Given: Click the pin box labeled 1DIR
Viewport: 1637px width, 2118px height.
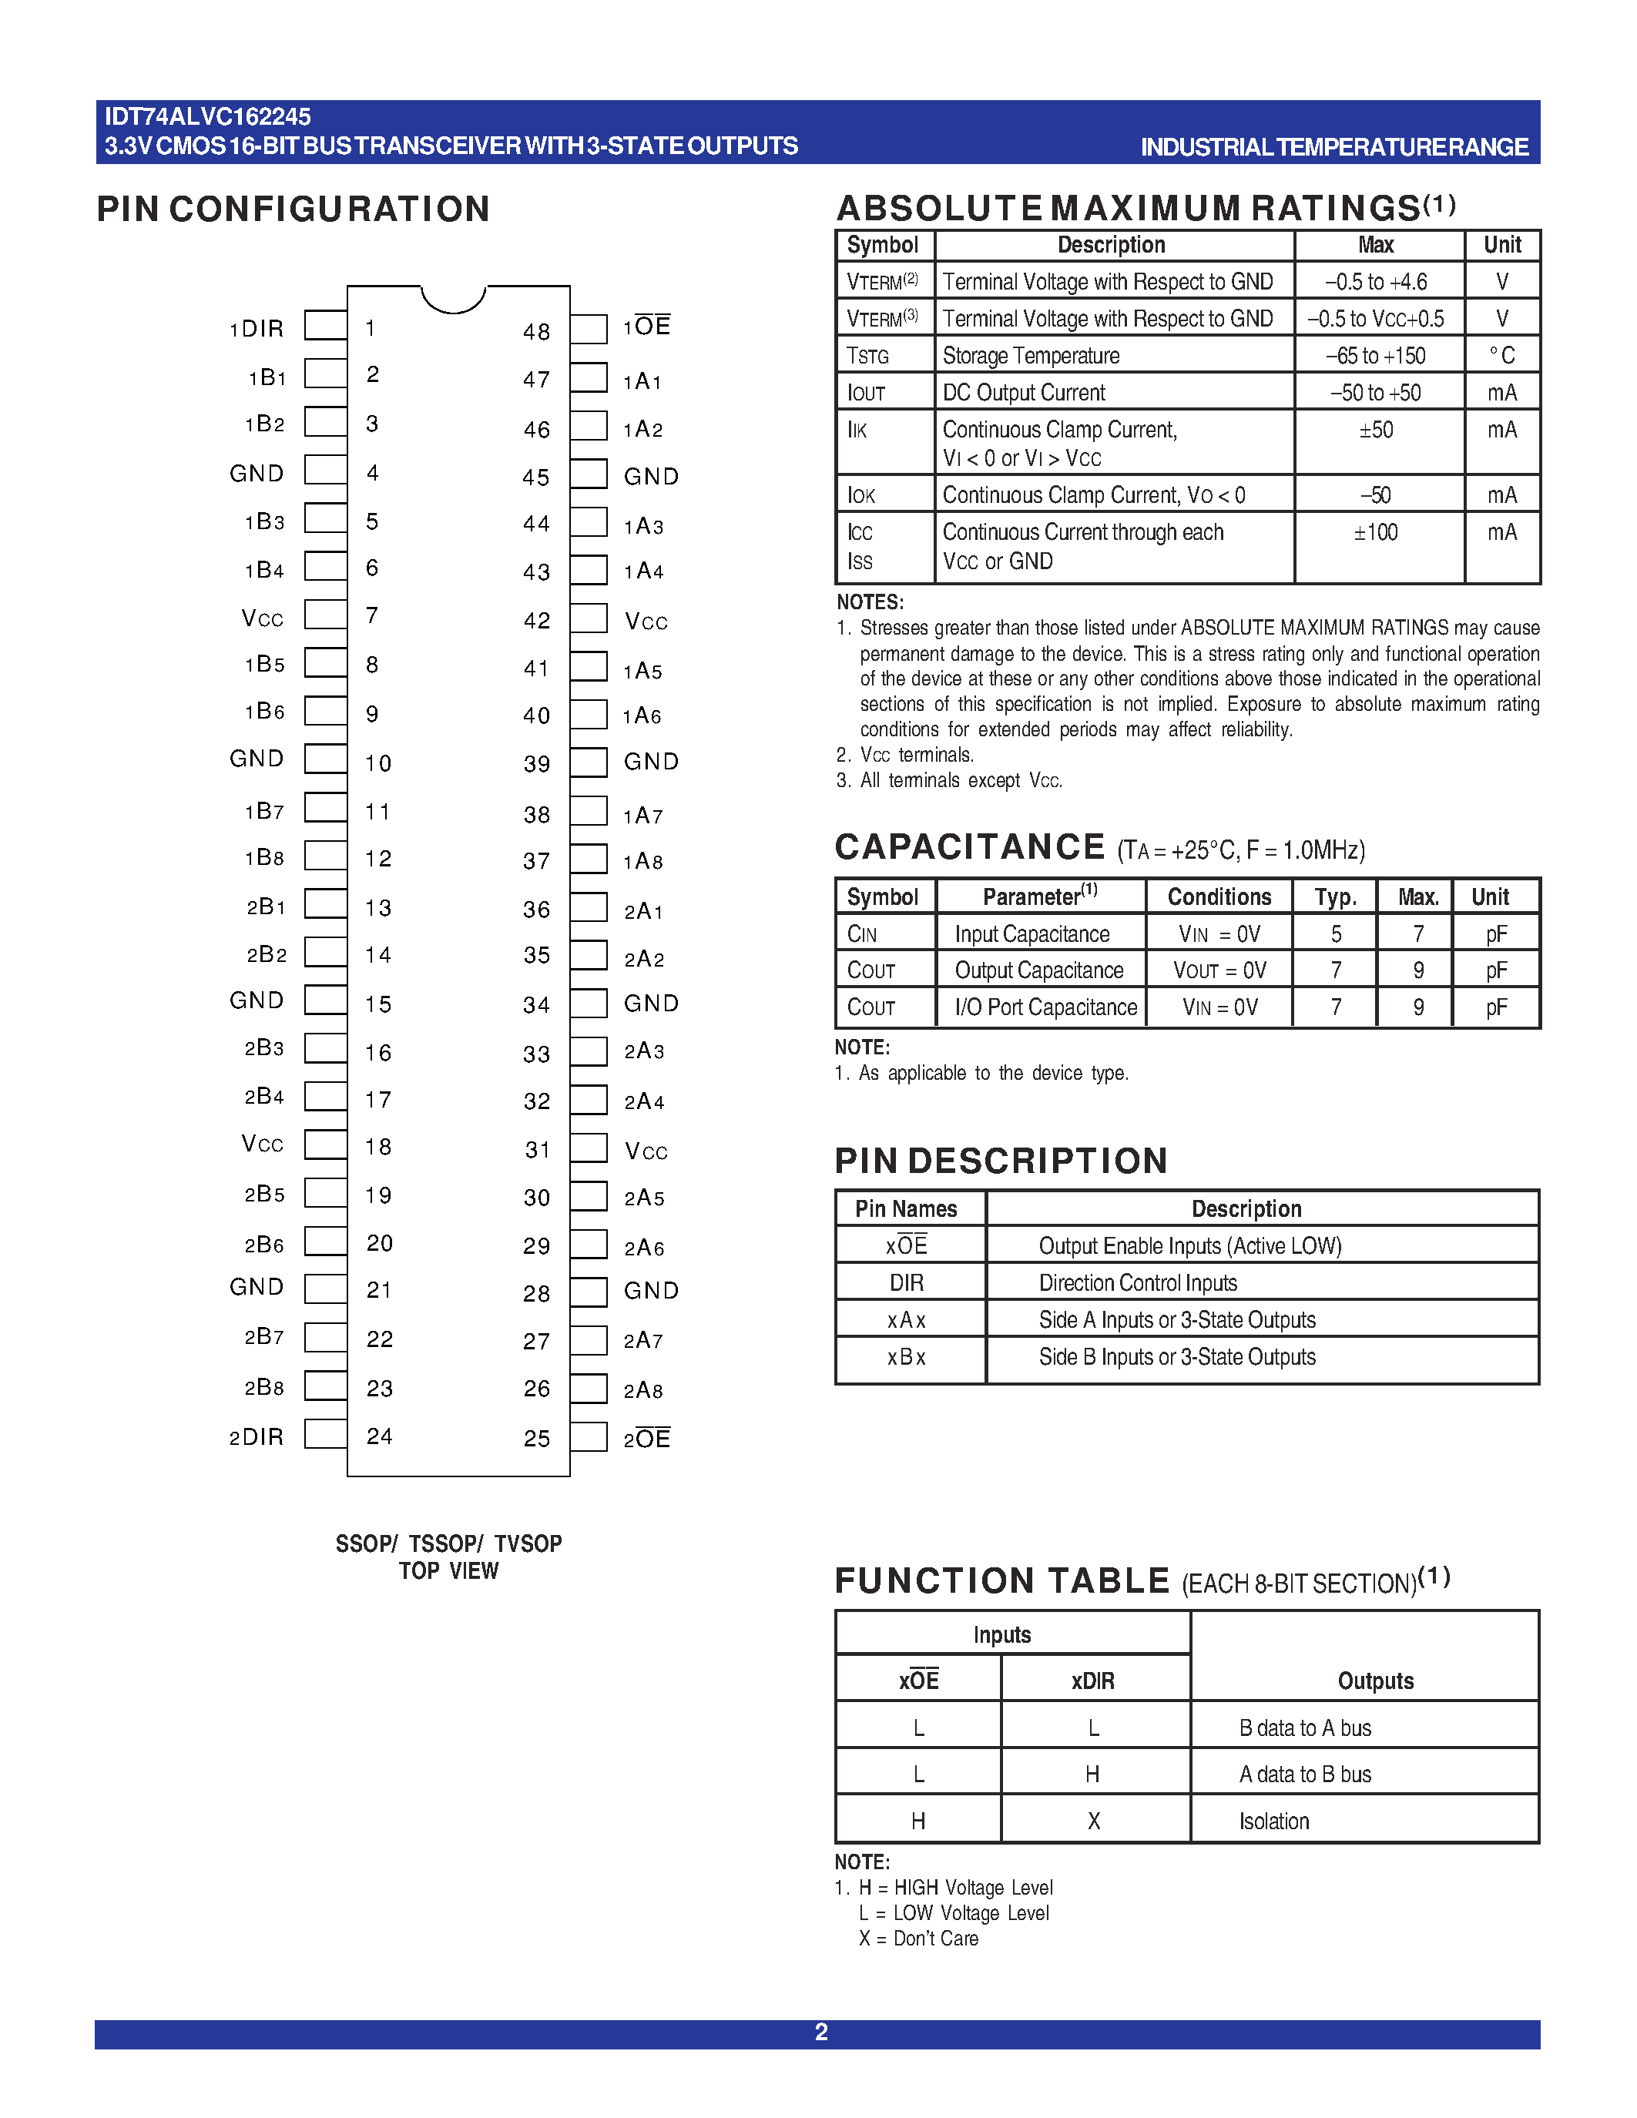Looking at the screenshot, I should coord(325,326).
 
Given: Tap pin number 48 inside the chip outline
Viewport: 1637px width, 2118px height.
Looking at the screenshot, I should coord(536,332).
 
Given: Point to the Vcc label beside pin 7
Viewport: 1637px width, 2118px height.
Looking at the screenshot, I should coord(262,618).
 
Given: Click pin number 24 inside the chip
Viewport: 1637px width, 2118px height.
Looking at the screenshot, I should coord(379,1436).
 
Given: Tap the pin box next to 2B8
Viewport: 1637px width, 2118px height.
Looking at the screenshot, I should coord(325,1386).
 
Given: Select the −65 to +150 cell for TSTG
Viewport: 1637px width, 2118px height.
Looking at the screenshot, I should coord(1376,356).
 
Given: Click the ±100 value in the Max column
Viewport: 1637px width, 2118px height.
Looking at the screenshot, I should coord(1376,532).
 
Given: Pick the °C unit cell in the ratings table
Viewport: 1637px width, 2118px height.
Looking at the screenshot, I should coord(1501,356).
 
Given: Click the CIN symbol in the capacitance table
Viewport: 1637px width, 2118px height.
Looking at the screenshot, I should coord(862,934).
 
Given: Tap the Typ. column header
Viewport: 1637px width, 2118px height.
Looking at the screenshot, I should coord(1334,897).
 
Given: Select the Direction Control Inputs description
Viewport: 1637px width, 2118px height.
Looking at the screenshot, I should coord(1138,1283).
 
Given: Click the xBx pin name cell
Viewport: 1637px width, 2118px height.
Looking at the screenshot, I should coord(907,1358).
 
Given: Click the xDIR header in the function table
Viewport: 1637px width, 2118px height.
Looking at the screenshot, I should coord(1093,1681).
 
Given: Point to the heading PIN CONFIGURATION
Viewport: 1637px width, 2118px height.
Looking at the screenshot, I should coord(293,209).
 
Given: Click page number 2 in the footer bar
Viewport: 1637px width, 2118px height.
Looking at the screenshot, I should coord(820,2033).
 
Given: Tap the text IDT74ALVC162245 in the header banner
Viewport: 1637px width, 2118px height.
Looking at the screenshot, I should coord(207,117).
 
